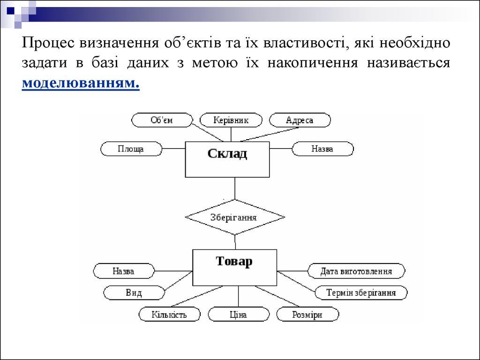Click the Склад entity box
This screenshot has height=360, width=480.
(x=227, y=159)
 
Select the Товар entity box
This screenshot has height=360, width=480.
(x=234, y=267)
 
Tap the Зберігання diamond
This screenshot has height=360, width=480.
(x=235, y=217)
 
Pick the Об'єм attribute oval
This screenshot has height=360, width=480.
(x=162, y=120)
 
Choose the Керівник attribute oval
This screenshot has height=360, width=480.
(x=231, y=120)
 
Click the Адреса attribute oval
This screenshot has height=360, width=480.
(x=300, y=120)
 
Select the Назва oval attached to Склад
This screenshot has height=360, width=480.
(x=322, y=149)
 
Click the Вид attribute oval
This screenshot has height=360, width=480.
(x=134, y=293)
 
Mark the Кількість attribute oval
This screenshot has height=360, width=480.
(x=169, y=315)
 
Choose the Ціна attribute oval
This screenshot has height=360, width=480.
(x=238, y=315)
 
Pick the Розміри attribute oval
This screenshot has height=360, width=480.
(x=307, y=315)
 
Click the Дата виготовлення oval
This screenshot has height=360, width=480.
(x=356, y=271)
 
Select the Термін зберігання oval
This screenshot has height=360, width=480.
(x=361, y=293)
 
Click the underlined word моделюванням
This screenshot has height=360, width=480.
(x=81, y=82)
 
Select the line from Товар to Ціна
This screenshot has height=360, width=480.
(x=238, y=296)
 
